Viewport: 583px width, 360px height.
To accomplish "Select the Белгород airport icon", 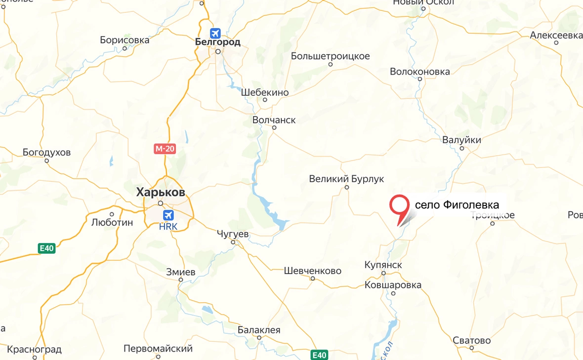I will [215, 33].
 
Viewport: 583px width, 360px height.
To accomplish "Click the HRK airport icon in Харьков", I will [168, 215].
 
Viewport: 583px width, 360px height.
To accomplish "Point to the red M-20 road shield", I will [165, 149].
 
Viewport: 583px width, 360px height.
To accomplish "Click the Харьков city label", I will [161, 192].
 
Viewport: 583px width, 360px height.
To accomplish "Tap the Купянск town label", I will [383, 265].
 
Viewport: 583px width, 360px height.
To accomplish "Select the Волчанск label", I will [274, 120].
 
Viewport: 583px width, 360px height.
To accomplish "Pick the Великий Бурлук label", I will [346, 179].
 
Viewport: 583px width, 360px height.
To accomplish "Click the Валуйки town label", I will [461, 140].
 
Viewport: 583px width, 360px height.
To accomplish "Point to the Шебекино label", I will [265, 92].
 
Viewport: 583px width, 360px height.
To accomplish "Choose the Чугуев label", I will [233, 234].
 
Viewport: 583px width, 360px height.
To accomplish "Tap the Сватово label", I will [472, 341].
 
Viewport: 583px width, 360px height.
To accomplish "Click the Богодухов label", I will [47, 152].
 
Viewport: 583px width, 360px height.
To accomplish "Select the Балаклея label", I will [259, 330].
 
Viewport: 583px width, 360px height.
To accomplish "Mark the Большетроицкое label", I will [331, 56].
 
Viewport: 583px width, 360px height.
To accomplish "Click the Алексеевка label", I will [556, 36].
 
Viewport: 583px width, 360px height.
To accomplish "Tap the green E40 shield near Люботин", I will [46, 248].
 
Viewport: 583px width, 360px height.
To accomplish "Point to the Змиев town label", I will [180, 272].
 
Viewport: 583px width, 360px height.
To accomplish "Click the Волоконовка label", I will [420, 72].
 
